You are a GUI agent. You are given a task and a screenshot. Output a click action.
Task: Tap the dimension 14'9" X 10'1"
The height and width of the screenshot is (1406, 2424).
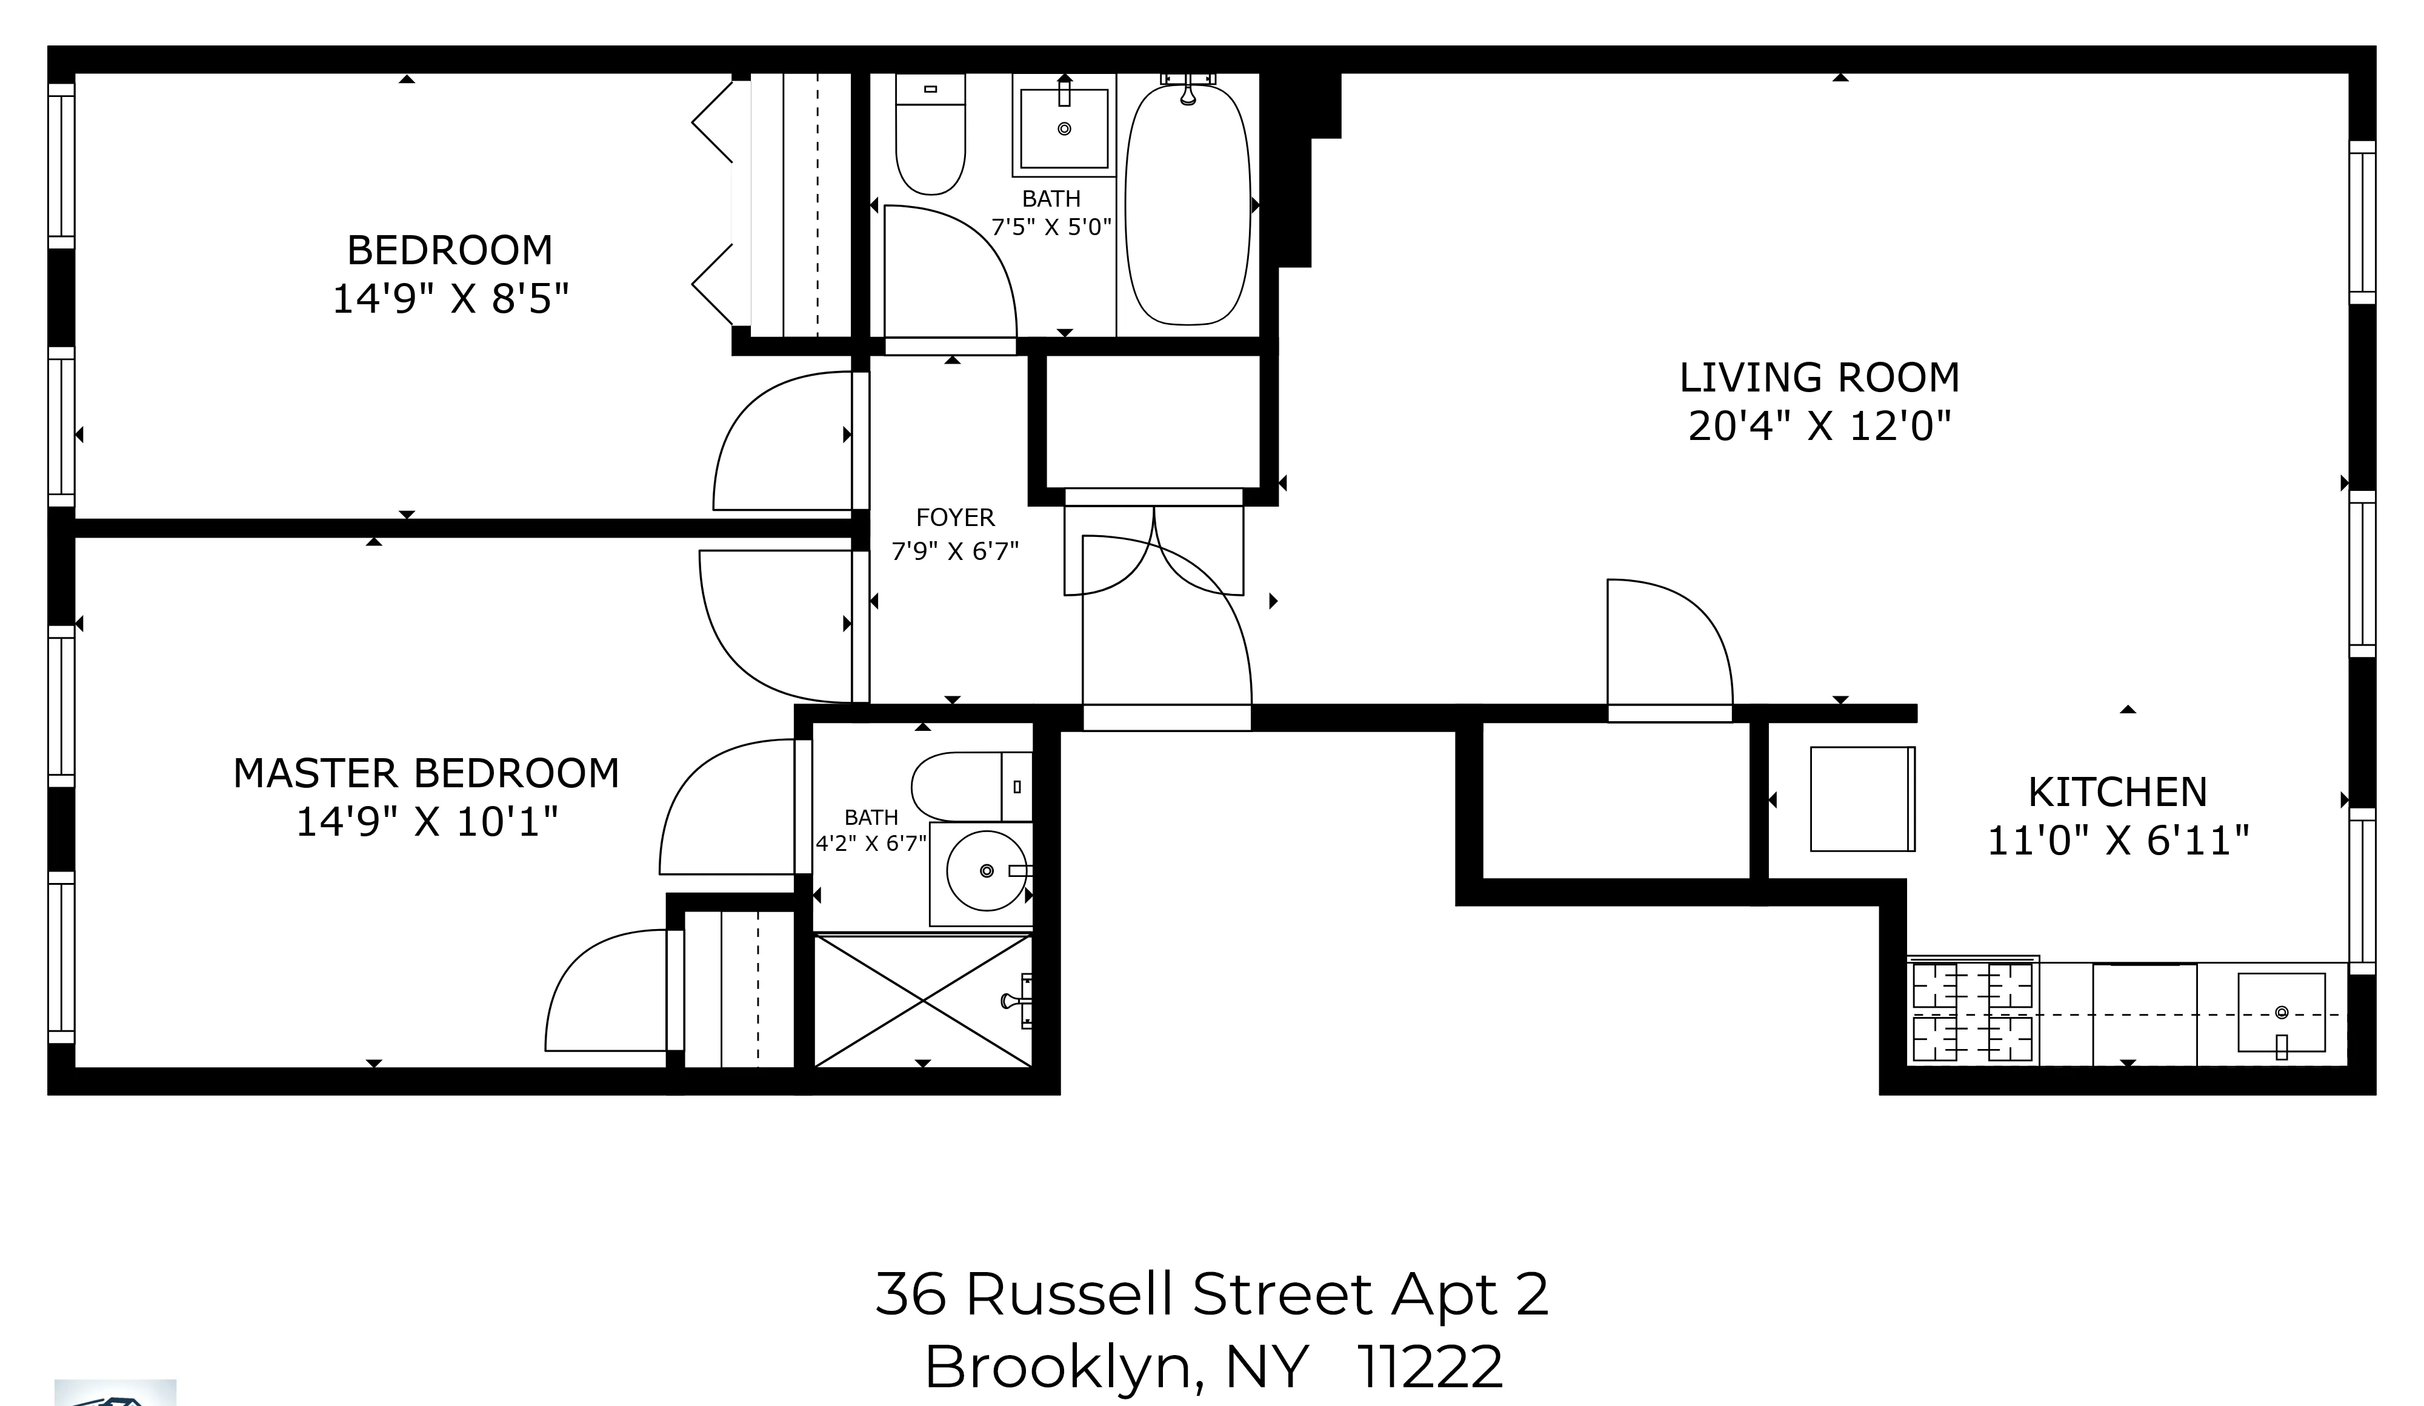point(426,822)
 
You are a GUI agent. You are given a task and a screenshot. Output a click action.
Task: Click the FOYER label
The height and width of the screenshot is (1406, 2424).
point(954,518)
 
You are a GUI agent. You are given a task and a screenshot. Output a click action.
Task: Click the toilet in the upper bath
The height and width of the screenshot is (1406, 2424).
point(929,139)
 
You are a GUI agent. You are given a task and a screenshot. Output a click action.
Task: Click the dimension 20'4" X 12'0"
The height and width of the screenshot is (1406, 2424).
point(1819,426)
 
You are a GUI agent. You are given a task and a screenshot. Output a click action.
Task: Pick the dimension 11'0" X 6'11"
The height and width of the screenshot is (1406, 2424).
point(2117,842)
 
